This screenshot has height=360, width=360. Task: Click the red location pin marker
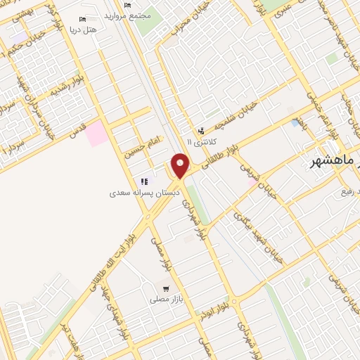pyautogui.click(x=181, y=166)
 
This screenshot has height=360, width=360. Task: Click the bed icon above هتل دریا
pyautogui.click(x=84, y=19)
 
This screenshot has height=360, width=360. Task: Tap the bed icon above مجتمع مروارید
pyautogui.click(x=126, y=5)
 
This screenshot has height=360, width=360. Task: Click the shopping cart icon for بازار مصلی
pyautogui.click(x=165, y=288)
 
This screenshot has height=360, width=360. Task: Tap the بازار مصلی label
pyautogui.click(x=165, y=300)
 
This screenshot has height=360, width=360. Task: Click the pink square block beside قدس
pyautogui.click(x=97, y=134)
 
